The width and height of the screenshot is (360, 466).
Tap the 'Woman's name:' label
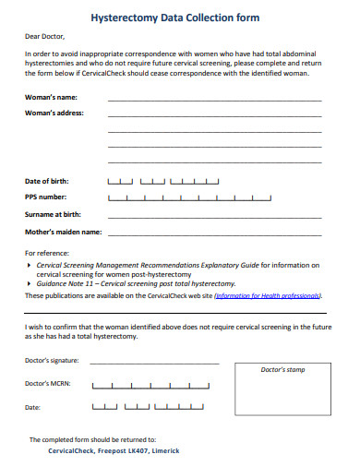click(52, 97)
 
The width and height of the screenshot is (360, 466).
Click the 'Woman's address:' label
click(54, 114)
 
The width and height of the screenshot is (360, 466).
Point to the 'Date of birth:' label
click(46, 181)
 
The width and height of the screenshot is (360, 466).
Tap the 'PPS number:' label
click(45, 197)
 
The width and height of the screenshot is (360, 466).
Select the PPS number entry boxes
click(189, 197)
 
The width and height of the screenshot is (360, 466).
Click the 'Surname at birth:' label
click(53, 214)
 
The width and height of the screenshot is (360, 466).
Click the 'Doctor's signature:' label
click(53, 360)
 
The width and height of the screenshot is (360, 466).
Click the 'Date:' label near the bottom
click(32, 406)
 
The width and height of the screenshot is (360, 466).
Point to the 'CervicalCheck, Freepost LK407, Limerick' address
click(114, 451)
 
